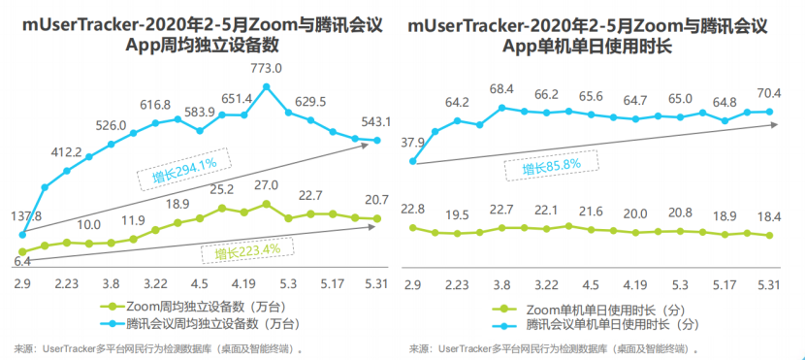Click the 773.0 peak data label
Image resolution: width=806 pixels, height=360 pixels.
[x=267, y=68]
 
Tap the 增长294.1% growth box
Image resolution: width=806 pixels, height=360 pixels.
[x=184, y=170]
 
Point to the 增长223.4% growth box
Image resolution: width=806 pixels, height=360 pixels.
[x=247, y=251]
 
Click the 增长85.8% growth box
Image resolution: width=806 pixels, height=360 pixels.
[x=551, y=166]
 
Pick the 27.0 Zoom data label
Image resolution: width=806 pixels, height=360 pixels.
[x=267, y=185]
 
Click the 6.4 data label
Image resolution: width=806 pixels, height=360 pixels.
[x=21, y=261]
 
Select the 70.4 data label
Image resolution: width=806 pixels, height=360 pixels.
[x=769, y=93]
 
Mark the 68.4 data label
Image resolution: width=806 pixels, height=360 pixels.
[x=503, y=90]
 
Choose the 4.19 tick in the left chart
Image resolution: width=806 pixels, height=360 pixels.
[x=243, y=284]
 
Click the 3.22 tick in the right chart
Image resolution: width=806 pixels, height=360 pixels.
[x=546, y=284]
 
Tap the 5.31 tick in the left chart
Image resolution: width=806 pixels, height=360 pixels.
[x=376, y=284]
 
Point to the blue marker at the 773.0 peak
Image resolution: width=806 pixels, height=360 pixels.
[x=267, y=87]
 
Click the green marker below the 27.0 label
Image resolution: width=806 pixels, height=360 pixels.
[x=267, y=204]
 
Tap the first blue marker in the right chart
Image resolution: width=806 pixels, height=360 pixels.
[x=413, y=161]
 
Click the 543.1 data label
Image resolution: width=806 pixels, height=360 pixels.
[x=376, y=122]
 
